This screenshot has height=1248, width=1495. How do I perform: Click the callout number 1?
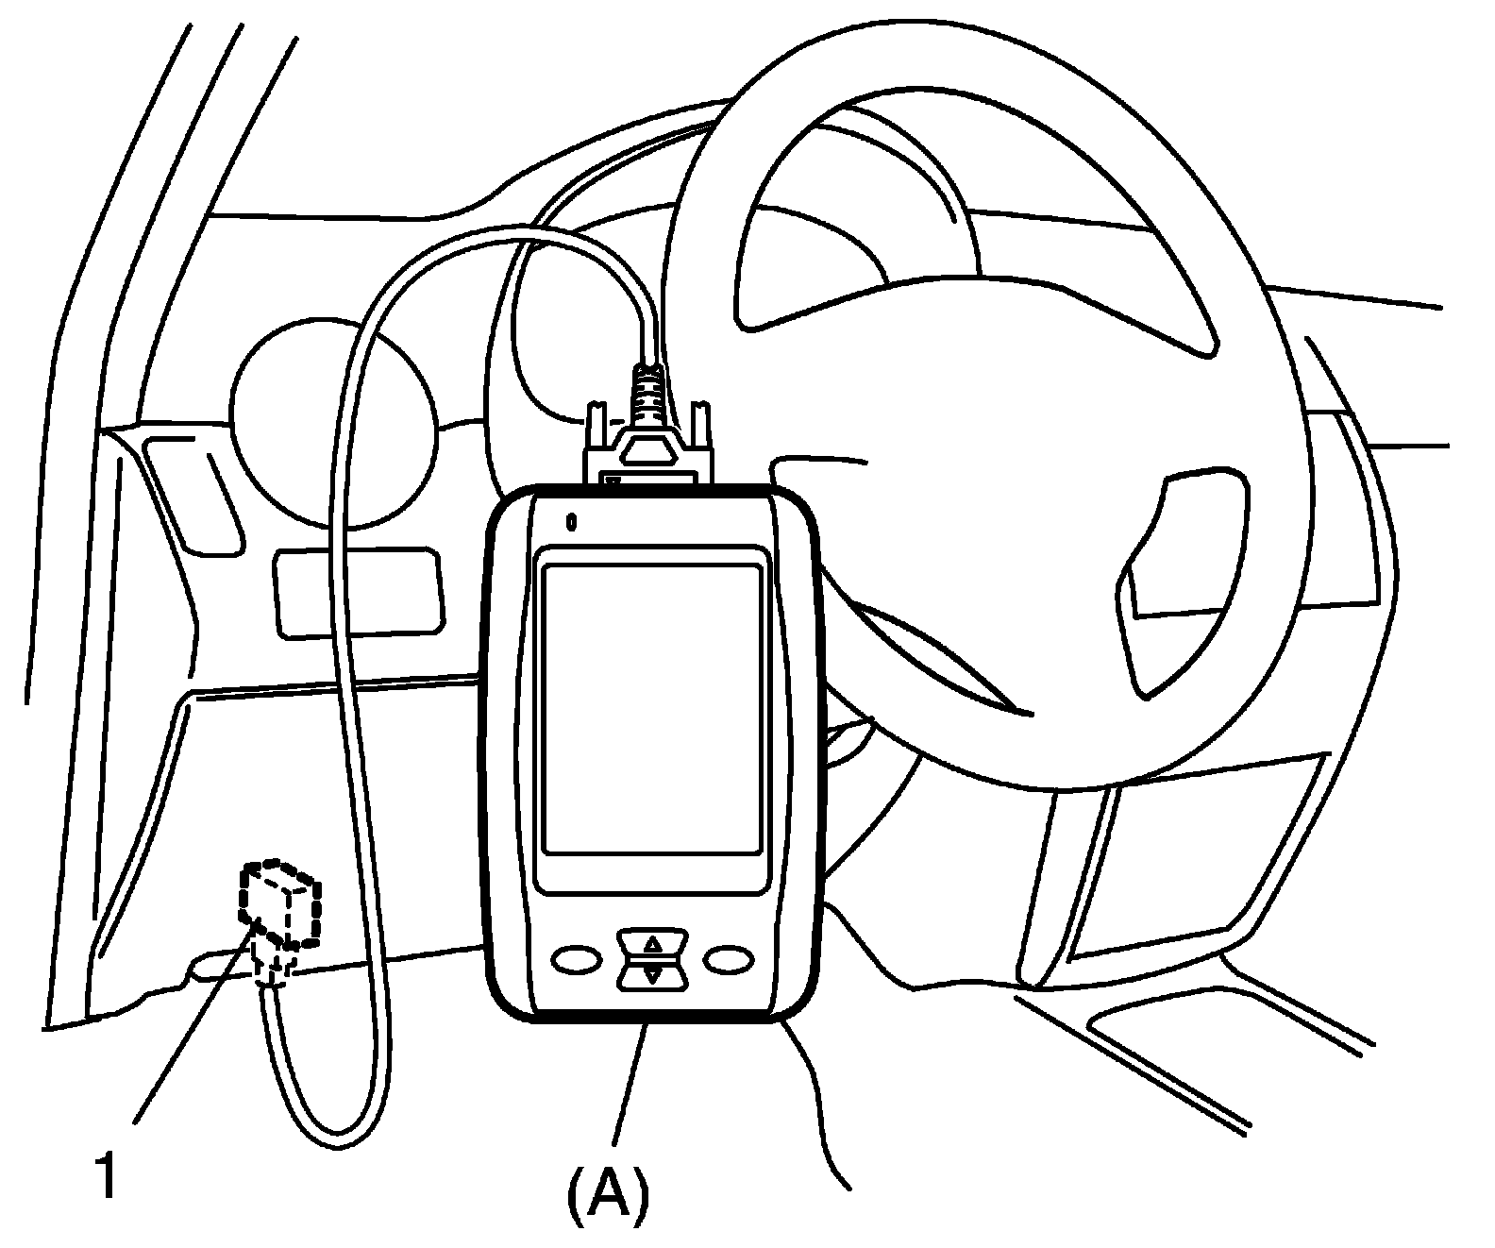click(109, 1176)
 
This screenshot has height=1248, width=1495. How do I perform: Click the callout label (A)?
click(609, 1194)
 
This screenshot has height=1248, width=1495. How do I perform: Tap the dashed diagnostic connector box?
click(280, 902)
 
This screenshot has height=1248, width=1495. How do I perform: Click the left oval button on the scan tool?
click(577, 959)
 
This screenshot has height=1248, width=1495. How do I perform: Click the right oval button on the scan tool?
click(730, 959)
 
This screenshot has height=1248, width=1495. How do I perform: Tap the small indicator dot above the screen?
click(570, 520)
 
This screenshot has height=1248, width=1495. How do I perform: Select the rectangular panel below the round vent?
click(358, 591)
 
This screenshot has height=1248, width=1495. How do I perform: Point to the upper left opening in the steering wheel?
click(849, 227)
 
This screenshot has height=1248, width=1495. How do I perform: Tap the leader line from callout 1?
click(193, 1024)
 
